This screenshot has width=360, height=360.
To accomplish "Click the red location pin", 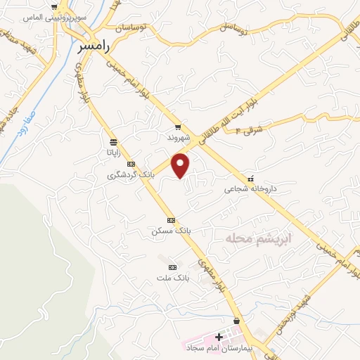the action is click(181, 166).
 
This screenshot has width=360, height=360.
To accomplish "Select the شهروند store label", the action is click(179, 139).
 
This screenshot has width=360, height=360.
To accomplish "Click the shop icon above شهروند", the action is click(179, 127).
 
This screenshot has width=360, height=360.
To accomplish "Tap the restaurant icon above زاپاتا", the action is click(113, 142).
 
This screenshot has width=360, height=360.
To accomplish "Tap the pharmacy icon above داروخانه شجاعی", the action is click(251, 179).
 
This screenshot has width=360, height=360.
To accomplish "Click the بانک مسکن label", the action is click(172, 231).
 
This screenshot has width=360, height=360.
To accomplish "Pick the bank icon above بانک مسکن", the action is click(171, 220).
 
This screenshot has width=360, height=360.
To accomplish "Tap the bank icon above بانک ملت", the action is click(172, 267).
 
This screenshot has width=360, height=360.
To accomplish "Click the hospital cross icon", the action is click(219, 337).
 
